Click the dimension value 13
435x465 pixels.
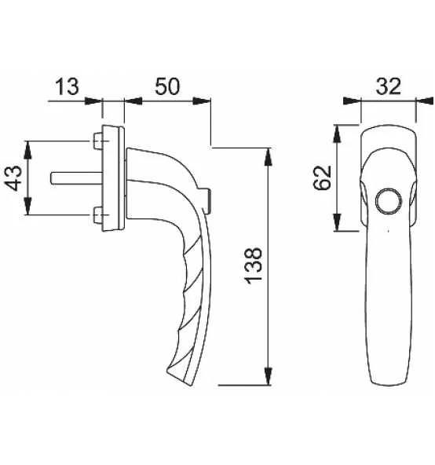pyautogui.click(x=68, y=86)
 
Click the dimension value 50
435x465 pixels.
pyautogui.click(x=167, y=86)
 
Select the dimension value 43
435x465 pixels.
pyautogui.click(x=13, y=178)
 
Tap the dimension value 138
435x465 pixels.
pyautogui.click(x=253, y=265)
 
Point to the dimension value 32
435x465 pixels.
pyautogui.click(x=388, y=86)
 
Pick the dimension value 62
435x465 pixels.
pyautogui.click(x=322, y=178)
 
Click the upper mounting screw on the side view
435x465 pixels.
pyautogui.click(x=98, y=141)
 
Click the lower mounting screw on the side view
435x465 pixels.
pyautogui.click(x=98, y=215)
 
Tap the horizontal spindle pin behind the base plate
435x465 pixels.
pyautogui.click(x=76, y=178)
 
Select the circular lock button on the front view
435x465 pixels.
pyautogui.click(x=389, y=201)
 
